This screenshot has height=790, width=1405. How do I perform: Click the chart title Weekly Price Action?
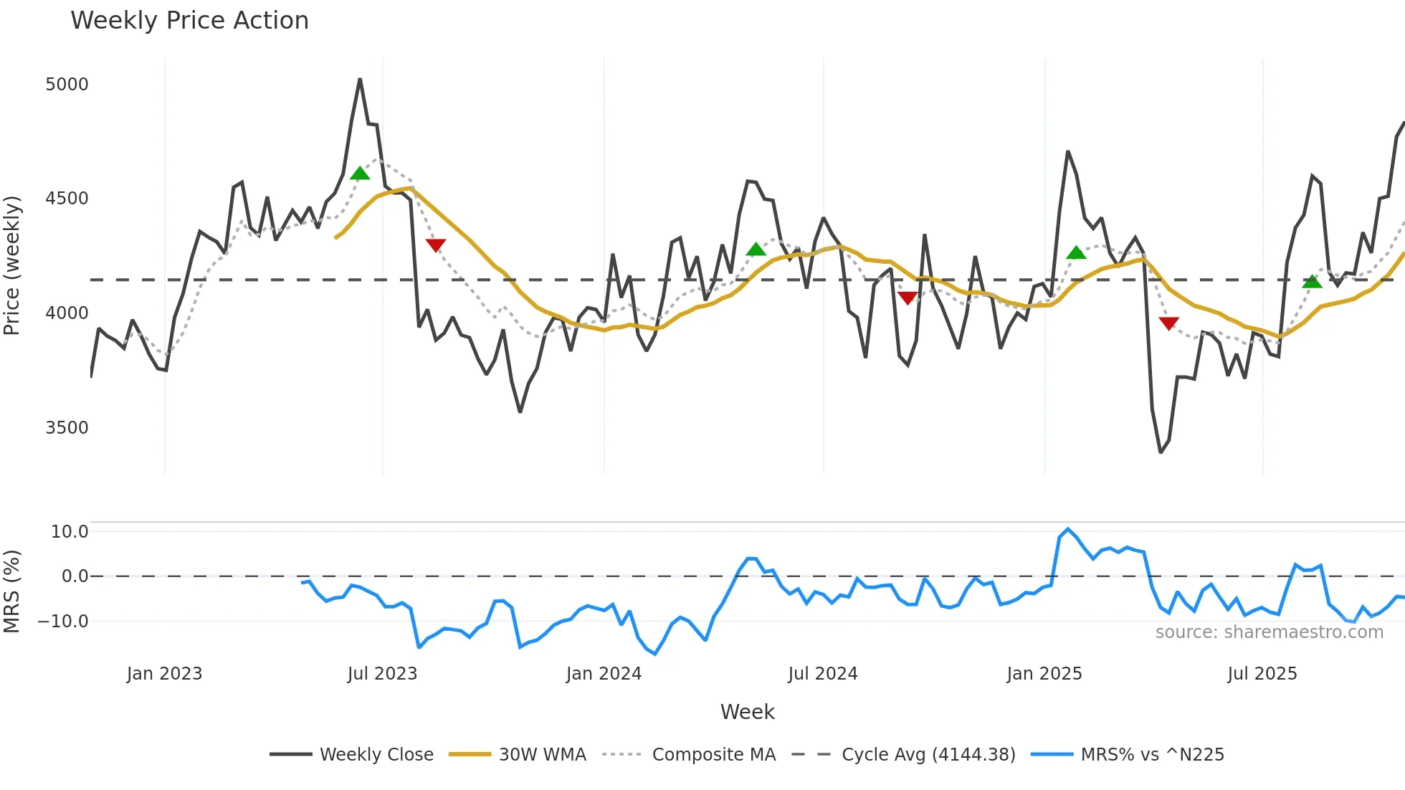click(x=189, y=21)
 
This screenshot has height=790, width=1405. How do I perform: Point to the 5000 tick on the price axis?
click(x=67, y=85)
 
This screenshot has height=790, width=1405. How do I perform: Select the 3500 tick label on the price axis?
click(x=67, y=428)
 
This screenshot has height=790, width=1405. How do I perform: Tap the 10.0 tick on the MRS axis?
click(x=70, y=532)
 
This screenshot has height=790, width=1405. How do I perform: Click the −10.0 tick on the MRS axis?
click(x=63, y=622)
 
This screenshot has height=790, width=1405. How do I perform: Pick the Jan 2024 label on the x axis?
click(x=604, y=674)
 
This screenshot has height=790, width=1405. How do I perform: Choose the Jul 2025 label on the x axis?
click(x=1262, y=674)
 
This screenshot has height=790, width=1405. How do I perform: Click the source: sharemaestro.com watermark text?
click(x=1269, y=632)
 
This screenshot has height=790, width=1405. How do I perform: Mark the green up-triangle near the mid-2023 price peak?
click(x=360, y=173)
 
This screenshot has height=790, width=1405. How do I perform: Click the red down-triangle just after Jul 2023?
click(x=436, y=245)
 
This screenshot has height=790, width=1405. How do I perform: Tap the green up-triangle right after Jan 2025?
click(x=1076, y=253)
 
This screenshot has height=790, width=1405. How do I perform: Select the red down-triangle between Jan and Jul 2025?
click(x=1168, y=323)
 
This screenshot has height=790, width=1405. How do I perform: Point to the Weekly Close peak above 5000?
click(x=360, y=80)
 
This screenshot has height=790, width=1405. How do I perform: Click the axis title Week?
click(x=747, y=712)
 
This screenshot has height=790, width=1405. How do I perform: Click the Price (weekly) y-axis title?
click(x=12, y=265)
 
